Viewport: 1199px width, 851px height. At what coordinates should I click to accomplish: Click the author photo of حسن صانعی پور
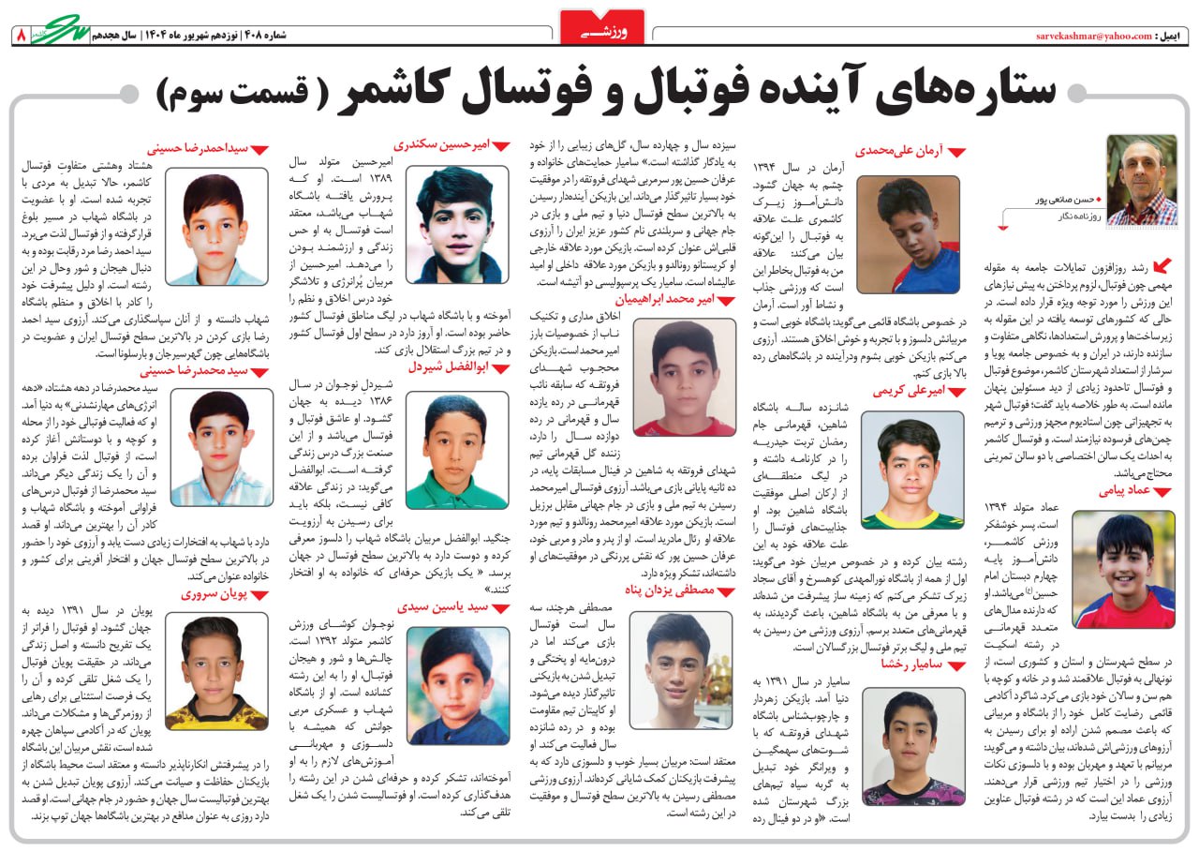pyautogui.click(x=1141, y=180)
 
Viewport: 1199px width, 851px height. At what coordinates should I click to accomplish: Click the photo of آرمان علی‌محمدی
pyautogui.click(x=907, y=234)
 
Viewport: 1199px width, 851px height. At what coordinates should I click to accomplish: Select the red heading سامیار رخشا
pyautogui.click(x=908, y=664)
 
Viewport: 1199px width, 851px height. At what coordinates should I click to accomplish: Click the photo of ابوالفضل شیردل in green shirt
pyautogui.click(x=457, y=452)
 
